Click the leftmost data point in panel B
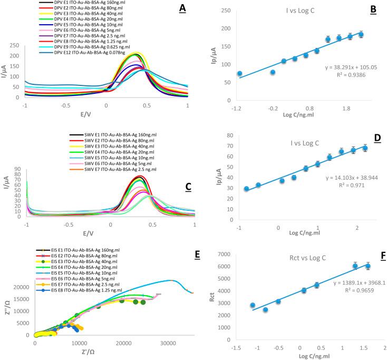click(239, 74)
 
